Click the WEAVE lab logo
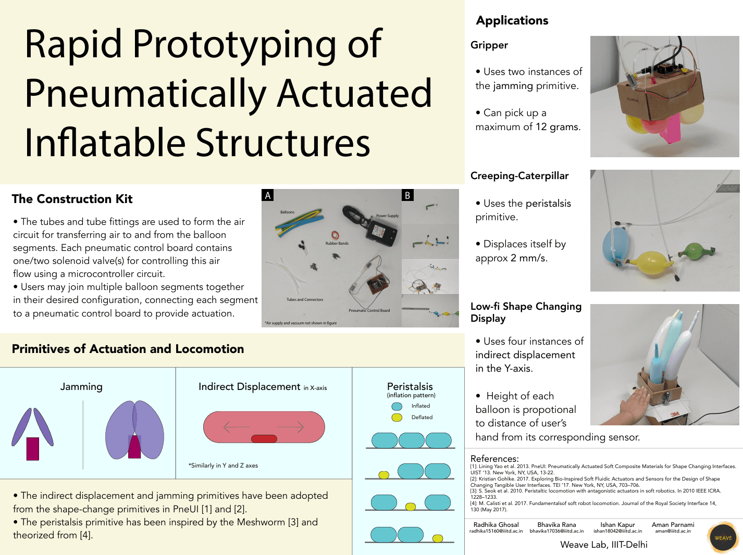tap(723, 537)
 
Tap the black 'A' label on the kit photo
tap(268, 195)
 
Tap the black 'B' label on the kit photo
tap(407, 195)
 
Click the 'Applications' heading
tap(512, 20)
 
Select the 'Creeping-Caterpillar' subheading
tap(519, 175)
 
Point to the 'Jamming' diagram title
tap(81, 386)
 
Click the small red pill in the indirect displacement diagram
tap(264, 438)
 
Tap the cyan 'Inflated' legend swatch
tap(397, 406)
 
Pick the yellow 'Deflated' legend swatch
tap(397, 417)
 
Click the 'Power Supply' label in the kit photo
tap(387, 216)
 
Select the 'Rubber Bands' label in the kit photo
tap(337, 243)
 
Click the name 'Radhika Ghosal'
tap(496, 525)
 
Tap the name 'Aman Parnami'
tap(673, 525)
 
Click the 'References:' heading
tap(494, 458)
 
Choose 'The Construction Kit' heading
tap(72, 199)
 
